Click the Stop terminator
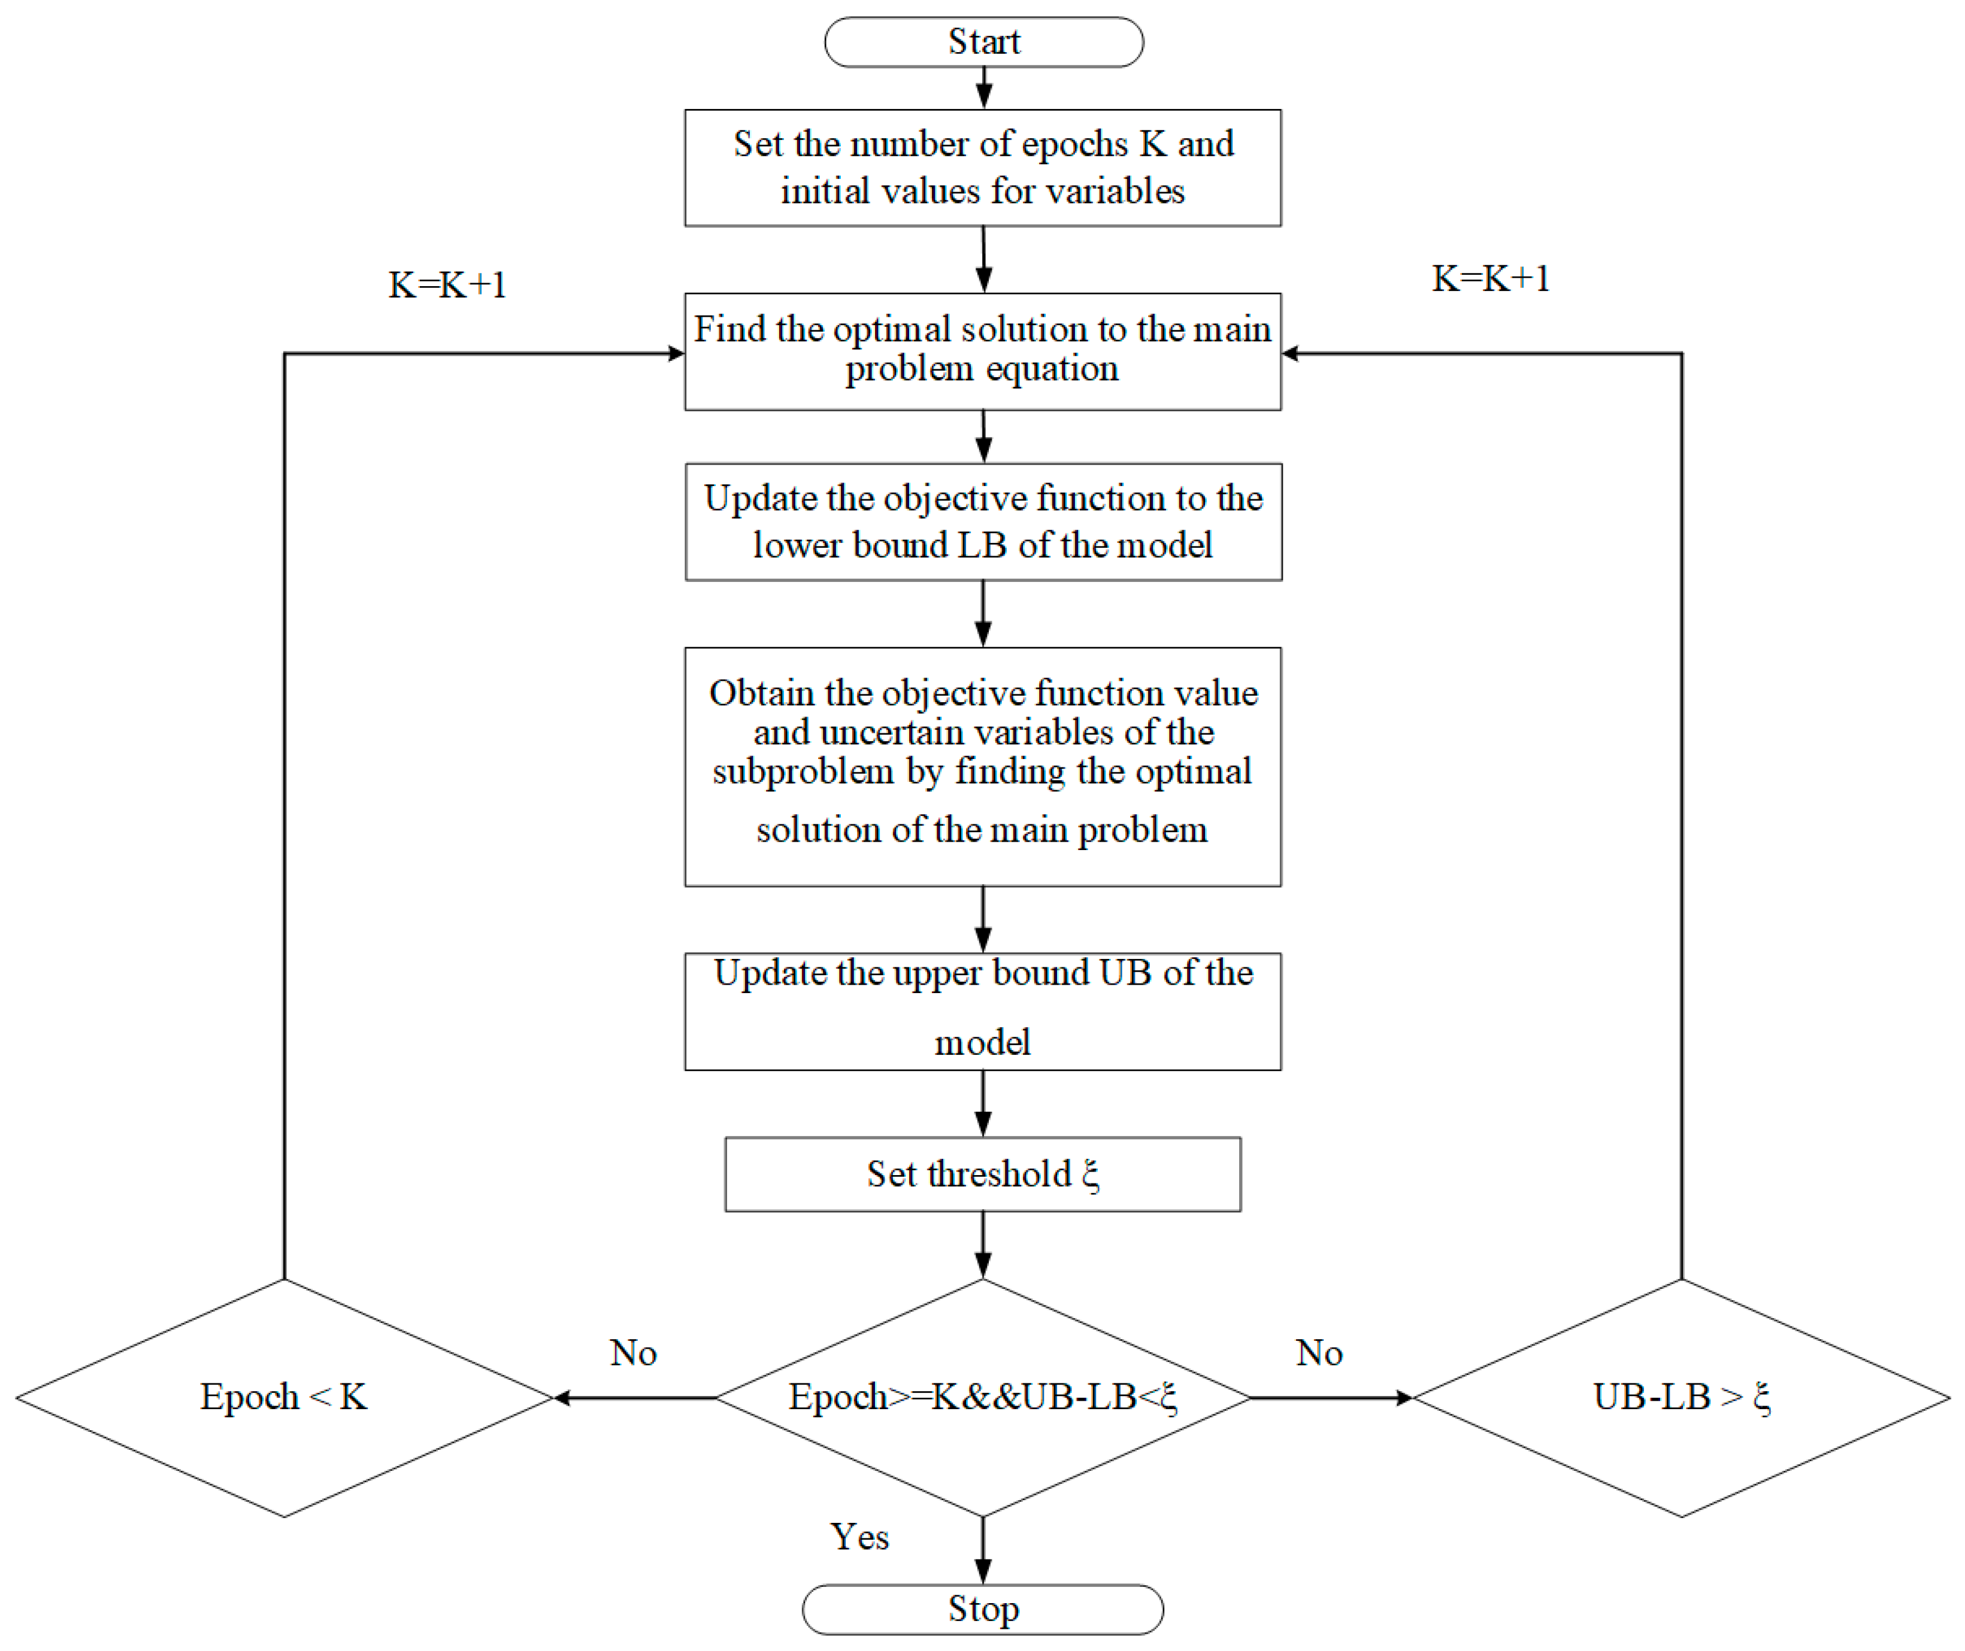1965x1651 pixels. [x=982, y=1608]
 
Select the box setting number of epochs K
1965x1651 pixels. [x=982, y=168]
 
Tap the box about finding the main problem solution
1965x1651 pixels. [x=982, y=351]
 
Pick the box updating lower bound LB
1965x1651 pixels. [x=982, y=521]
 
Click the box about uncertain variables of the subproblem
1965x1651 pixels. [x=982, y=766]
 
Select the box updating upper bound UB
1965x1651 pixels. [x=982, y=1011]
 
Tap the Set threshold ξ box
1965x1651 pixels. [x=982, y=1174]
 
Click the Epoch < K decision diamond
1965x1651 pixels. [x=284, y=1397]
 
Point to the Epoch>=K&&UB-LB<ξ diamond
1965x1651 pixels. [x=982, y=1397]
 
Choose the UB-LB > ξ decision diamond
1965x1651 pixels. [x=1681, y=1397]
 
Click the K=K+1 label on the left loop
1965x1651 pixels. [x=447, y=284]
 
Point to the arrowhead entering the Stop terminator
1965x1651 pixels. [x=982, y=1573]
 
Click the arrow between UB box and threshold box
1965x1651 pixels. [x=982, y=1104]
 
